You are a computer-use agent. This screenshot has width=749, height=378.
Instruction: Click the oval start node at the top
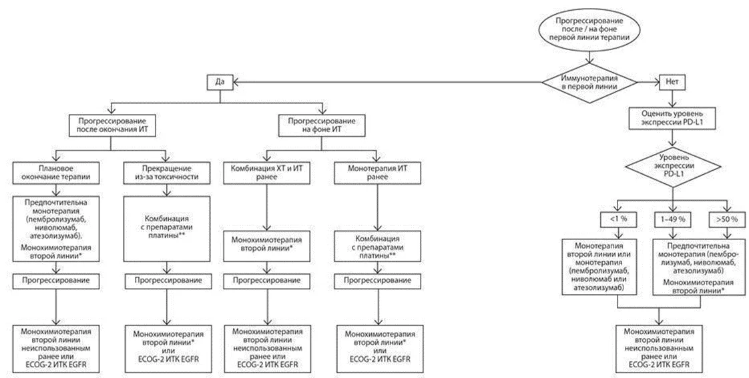tap(590, 29)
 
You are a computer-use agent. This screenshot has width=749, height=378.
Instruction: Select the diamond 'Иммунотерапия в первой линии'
tap(590, 82)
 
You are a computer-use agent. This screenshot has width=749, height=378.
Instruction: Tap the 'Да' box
tap(220, 82)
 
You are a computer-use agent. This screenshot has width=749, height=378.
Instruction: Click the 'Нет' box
tap(672, 82)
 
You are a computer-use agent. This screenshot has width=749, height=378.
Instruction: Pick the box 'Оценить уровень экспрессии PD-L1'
tap(672, 117)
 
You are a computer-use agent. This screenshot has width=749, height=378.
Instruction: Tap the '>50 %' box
tap(728, 219)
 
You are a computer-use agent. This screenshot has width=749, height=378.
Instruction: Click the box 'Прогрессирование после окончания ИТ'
tap(111, 125)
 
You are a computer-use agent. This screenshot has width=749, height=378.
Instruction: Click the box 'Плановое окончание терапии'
tap(56, 173)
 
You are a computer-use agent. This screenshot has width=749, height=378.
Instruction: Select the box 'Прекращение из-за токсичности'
tap(167, 173)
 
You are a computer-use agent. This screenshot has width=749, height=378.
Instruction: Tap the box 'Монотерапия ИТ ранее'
tap(377, 173)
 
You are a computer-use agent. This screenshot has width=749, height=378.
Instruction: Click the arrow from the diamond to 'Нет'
tap(649, 82)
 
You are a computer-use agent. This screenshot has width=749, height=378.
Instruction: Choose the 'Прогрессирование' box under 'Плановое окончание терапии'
tap(56, 281)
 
